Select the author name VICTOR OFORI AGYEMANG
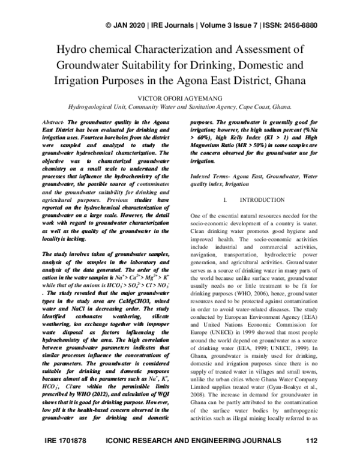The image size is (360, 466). coord(180,98)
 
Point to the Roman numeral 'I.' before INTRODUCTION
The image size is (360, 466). coord(224,199)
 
